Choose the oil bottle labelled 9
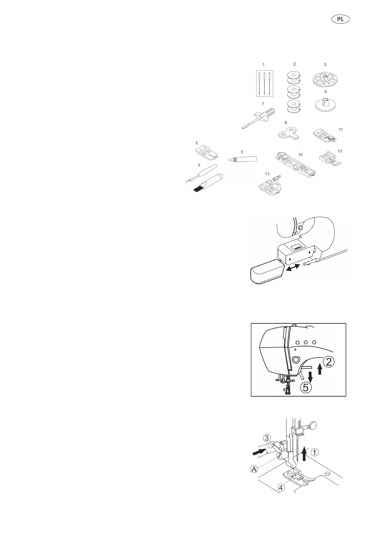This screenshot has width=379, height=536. [x=242, y=159]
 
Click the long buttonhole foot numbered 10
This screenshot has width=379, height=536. [x=295, y=164]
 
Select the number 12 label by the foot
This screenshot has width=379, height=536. [x=340, y=151]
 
